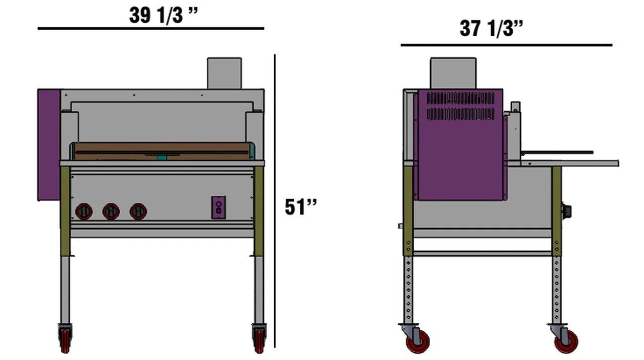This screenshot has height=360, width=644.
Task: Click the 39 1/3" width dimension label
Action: click(x=164, y=15)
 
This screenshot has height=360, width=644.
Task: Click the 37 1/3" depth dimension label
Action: click(x=492, y=28)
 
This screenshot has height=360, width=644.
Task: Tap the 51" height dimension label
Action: click(x=301, y=206)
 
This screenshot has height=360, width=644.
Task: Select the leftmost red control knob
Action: click(x=84, y=211)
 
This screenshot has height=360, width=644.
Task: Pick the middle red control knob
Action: click(x=111, y=211)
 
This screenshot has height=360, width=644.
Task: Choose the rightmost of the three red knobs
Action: click(x=138, y=211)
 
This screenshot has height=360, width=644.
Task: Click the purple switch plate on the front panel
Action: click(x=218, y=207)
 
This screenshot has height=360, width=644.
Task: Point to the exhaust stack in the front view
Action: click(x=224, y=74)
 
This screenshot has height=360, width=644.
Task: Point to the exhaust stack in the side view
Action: click(x=453, y=74)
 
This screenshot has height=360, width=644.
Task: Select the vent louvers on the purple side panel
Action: click(x=460, y=106)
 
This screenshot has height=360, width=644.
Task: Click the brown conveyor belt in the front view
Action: click(x=161, y=151)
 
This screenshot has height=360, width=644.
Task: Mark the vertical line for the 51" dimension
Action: click(x=275, y=201)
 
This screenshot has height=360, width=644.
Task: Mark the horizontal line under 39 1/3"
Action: click(x=151, y=29)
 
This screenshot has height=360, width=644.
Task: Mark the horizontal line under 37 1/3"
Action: click(x=506, y=45)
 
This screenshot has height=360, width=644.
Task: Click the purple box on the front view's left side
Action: click(x=49, y=145)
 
